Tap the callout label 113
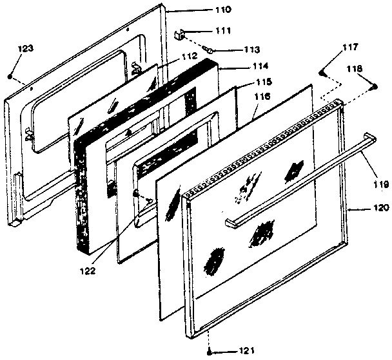pos(233,50)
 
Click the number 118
pos(355,68)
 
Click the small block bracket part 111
pos(181,32)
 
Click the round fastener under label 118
pos(373,87)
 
